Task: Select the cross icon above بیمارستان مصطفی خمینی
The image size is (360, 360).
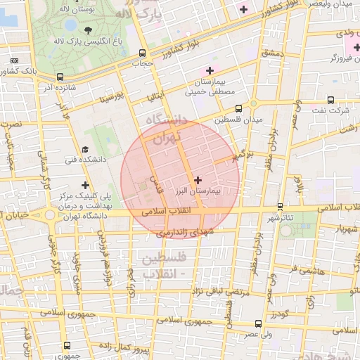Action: pos(209,70)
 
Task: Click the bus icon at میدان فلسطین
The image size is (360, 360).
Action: pos(239,108)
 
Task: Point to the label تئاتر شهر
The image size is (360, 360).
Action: pos(280,218)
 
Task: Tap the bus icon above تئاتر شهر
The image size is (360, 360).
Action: pos(281,207)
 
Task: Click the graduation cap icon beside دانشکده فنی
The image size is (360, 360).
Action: pos(86,150)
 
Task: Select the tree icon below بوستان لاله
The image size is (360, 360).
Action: pos(88,30)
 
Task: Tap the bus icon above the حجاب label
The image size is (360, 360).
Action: pos(143,53)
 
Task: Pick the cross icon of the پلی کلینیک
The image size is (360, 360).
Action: pos(86,185)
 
